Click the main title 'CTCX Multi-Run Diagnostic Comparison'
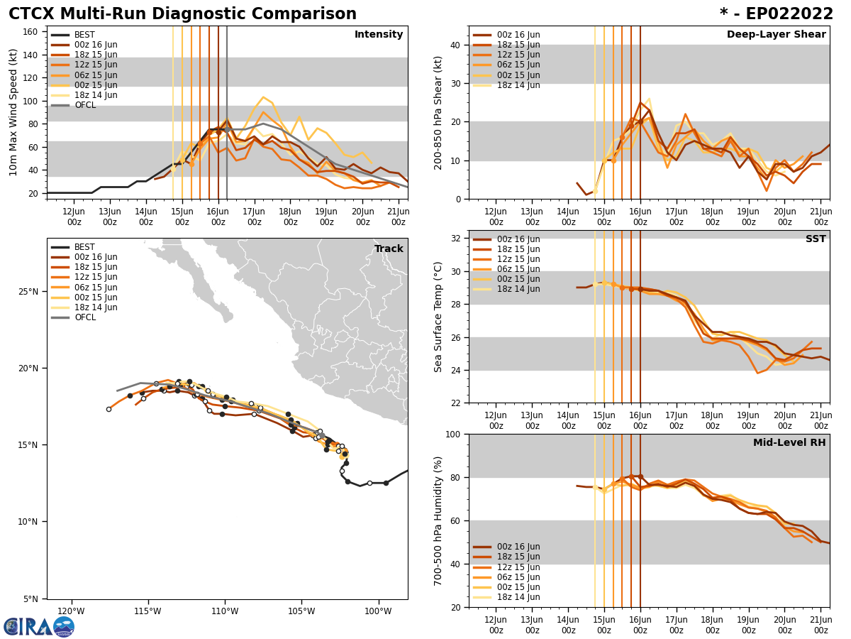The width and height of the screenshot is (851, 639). (x=182, y=14)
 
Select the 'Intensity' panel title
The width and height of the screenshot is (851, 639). (x=379, y=35)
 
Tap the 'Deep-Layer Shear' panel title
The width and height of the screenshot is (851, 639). (x=776, y=35)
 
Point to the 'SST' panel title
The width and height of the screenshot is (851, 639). (x=816, y=239)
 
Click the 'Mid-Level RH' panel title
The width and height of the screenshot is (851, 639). (x=789, y=443)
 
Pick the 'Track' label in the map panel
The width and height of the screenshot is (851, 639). (x=389, y=249)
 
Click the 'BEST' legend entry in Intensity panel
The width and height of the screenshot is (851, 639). (x=84, y=35)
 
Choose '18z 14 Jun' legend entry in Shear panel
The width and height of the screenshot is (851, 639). (x=519, y=85)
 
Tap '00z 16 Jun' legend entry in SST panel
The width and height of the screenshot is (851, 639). (x=518, y=239)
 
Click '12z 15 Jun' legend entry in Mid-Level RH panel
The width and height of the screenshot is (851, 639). (x=518, y=567)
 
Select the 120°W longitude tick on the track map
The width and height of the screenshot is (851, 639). (x=71, y=611)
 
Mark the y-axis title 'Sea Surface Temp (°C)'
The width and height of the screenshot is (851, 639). (x=439, y=317)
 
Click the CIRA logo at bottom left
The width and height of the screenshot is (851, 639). (x=39, y=626)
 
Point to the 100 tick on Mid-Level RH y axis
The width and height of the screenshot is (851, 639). (x=451, y=434)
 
